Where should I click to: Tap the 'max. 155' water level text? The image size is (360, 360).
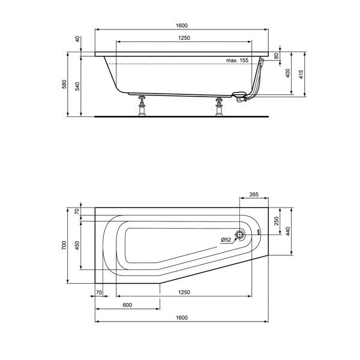click(x=237, y=61)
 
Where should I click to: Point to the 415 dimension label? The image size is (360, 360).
click(x=304, y=74)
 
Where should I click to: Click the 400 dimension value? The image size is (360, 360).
click(x=289, y=73)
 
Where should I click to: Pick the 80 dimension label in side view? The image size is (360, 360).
click(x=277, y=56)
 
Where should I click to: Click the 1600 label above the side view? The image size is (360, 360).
click(x=182, y=25)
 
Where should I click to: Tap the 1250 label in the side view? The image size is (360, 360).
click(x=184, y=38)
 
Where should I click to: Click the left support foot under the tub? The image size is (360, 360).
click(x=143, y=107)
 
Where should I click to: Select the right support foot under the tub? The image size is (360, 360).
click(x=218, y=107)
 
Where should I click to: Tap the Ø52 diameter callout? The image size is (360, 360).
click(x=226, y=240)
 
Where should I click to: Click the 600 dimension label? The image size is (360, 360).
click(x=127, y=305)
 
